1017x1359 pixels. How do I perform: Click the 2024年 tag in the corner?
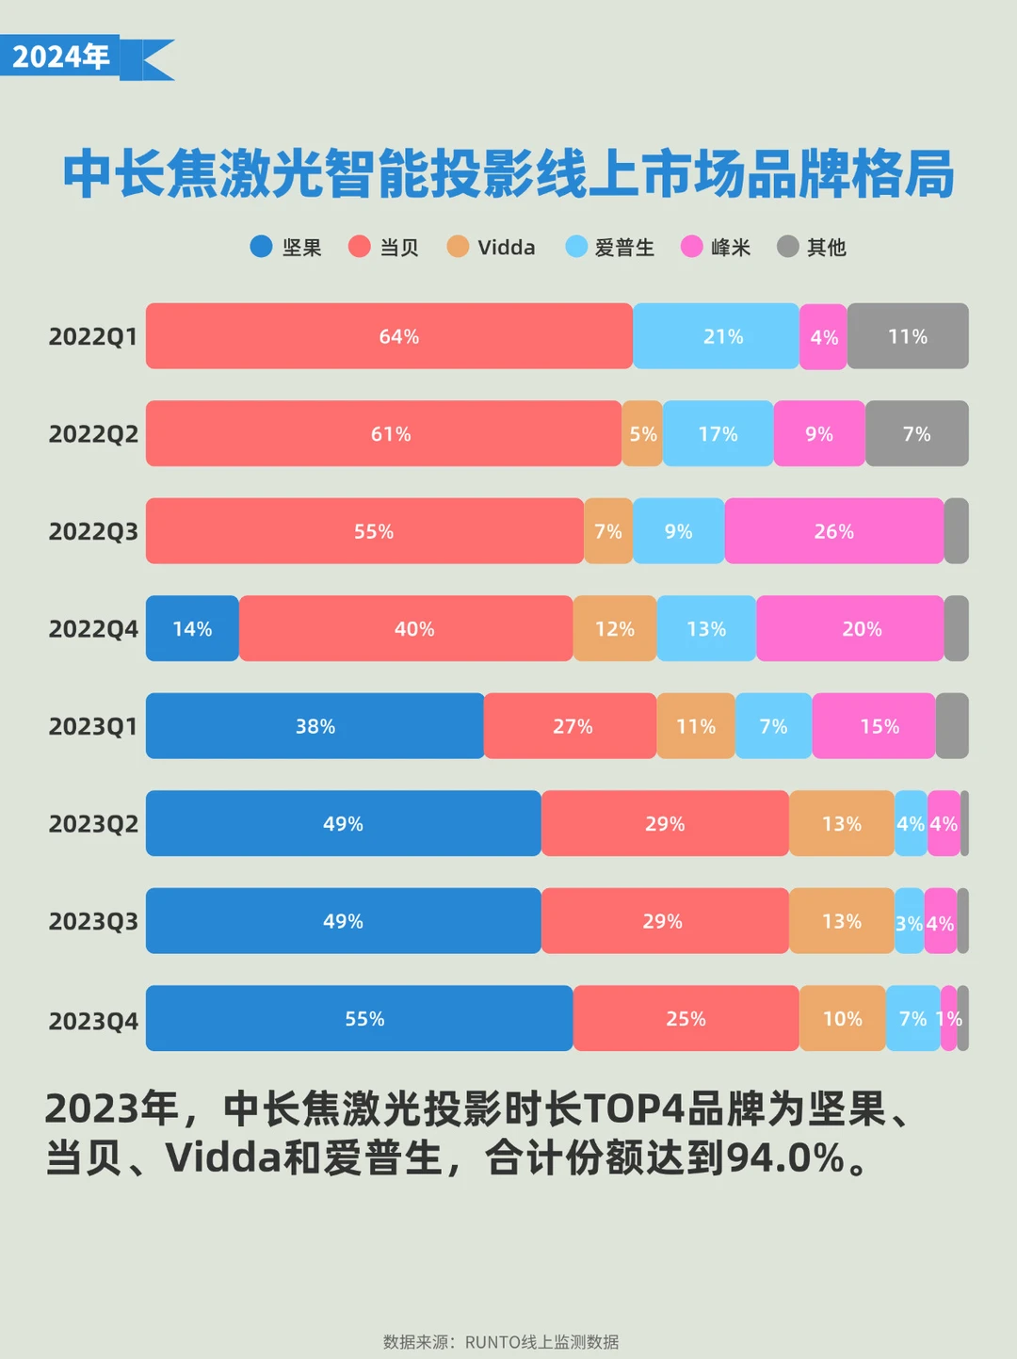[62, 57]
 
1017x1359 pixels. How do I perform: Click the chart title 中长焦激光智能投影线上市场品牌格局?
[508, 174]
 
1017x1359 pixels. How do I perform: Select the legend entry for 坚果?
[286, 247]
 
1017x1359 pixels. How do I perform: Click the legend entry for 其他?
[812, 247]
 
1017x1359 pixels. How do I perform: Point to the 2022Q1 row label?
[93, 336]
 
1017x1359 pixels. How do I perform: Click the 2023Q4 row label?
[93, 1021]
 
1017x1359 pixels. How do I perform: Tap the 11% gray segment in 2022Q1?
[908, 336]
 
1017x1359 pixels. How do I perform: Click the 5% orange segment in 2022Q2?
[642, 434]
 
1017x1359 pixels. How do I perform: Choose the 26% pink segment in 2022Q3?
[834, 531]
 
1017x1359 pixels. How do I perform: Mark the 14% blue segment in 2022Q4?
[192, 629]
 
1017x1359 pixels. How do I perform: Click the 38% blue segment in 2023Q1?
[315, 726]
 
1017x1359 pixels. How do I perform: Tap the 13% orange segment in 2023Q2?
[842, 824]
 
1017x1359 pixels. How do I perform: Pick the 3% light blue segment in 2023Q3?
[909, 922]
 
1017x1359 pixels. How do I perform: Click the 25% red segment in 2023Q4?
[686, 1019]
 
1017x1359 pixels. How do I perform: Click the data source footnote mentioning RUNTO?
[501, 1341]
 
